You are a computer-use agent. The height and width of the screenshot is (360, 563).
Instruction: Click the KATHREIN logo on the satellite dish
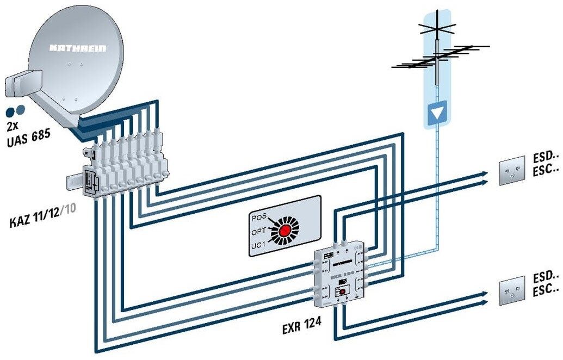coord(78,48)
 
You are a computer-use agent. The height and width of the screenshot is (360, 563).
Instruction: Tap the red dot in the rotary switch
coord(284,231)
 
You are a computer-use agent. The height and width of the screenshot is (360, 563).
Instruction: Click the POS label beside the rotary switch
coord(259,217)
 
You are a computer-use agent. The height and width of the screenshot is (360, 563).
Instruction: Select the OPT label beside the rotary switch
coord(258,232)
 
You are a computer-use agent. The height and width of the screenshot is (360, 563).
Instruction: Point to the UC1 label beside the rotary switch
coord(258,246)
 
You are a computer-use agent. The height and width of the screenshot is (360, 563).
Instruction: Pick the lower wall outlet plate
coord(512,289)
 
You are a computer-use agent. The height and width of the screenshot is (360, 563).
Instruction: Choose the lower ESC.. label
coord(547,290)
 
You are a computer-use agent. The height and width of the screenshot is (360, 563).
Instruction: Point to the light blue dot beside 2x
coord(21,110)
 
